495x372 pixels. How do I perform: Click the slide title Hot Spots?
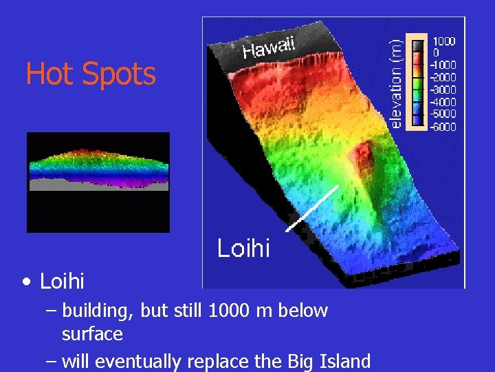(x=91, y=74)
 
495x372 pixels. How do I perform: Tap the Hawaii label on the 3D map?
(x=269, y=47)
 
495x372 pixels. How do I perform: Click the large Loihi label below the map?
(x=243, y=248)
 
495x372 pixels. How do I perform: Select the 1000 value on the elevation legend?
(x=443, y=41)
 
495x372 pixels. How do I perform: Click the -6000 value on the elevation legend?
(x=443, y=127)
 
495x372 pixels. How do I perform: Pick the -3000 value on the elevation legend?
(x=443, y=90)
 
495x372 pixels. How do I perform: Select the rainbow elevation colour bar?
(x=418, y=83)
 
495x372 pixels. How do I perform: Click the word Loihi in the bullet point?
(x=62, y=282)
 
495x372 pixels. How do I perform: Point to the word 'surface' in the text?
(x=92, y=335)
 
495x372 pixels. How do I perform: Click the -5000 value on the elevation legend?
(x=443, y=114)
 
